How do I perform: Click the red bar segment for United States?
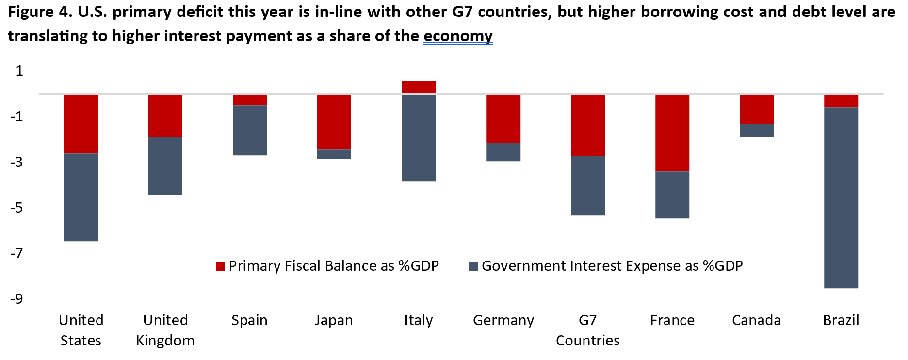(81, 124)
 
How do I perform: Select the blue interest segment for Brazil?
(841, 197)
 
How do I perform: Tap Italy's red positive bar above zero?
(419, 86)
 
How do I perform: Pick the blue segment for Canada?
(757, 131)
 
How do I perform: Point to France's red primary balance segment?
(672, 133)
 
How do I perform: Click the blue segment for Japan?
(334, 154)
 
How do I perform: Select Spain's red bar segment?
(250, 100)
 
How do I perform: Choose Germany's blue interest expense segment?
(503, 152)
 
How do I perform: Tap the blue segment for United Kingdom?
(165, 165)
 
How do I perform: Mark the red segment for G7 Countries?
(588, 125)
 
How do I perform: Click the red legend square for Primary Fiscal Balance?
(220, 266)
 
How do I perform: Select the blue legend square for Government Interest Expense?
(473, 266)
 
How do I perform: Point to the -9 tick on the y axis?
(17, 298)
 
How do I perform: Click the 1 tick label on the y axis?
(19, 71)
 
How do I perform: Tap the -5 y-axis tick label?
(17, 208)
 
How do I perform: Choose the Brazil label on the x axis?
(841, 320)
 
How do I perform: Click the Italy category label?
(419, 320)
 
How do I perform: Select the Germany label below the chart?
(503, 320)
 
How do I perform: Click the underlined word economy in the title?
(458, 36)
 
